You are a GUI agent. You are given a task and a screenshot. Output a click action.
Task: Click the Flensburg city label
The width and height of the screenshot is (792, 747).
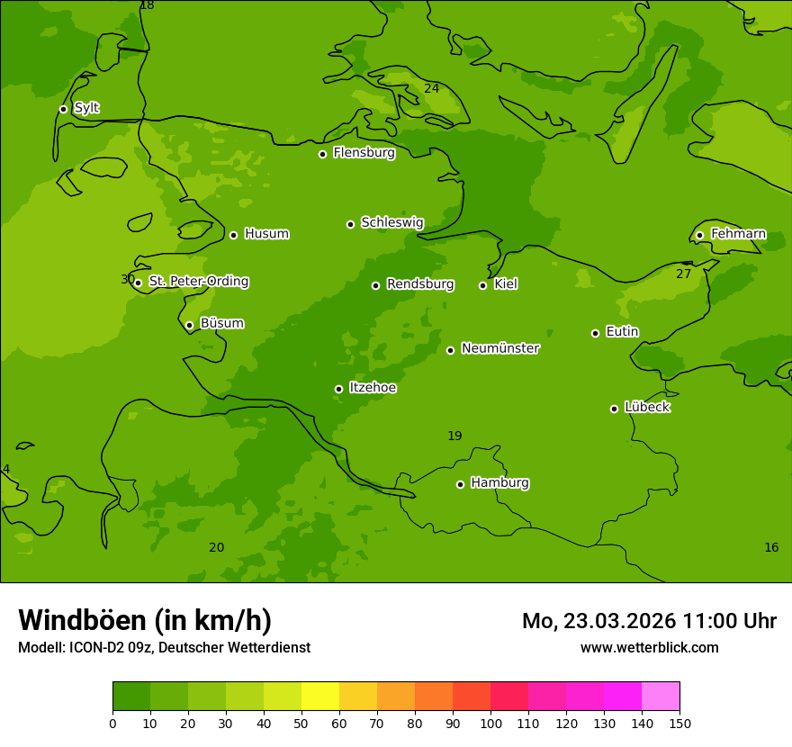364,153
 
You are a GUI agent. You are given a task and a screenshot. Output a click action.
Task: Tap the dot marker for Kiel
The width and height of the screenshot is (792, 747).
482,285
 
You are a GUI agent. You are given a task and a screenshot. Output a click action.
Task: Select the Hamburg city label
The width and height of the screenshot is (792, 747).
499,483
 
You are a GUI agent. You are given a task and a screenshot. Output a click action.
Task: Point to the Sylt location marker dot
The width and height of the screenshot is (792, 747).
63,109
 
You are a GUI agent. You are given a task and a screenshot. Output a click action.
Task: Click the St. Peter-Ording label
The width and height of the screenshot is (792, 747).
198,282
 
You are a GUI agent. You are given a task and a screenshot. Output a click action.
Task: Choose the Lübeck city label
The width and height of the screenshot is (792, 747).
646,408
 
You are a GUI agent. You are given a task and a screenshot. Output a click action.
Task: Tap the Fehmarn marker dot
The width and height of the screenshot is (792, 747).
699,235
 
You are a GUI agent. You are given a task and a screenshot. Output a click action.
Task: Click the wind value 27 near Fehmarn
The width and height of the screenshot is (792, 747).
683,274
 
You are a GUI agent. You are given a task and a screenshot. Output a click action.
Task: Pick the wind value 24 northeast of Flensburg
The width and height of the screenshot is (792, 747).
431,88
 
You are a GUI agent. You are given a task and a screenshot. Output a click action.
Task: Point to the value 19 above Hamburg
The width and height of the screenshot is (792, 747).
454,436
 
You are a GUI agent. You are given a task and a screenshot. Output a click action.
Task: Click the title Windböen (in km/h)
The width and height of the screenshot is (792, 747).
145,620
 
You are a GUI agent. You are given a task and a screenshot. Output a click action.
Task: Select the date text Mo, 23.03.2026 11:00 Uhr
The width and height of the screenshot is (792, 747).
649,621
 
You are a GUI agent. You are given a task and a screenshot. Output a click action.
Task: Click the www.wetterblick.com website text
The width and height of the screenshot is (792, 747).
649,647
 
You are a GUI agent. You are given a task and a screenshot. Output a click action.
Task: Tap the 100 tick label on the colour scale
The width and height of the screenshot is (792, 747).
490,723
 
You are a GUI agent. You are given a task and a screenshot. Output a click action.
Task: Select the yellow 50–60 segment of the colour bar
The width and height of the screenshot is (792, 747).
320,697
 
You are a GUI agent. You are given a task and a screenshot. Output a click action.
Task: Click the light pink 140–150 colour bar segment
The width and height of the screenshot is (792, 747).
661,697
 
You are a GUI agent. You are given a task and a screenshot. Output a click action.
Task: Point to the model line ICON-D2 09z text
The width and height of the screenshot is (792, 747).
164,647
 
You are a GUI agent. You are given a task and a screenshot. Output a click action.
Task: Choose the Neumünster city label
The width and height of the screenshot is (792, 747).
499,348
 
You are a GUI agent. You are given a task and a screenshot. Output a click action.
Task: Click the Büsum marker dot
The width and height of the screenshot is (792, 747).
189,325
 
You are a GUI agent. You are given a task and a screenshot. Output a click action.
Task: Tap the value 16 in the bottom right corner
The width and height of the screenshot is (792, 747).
771,548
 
